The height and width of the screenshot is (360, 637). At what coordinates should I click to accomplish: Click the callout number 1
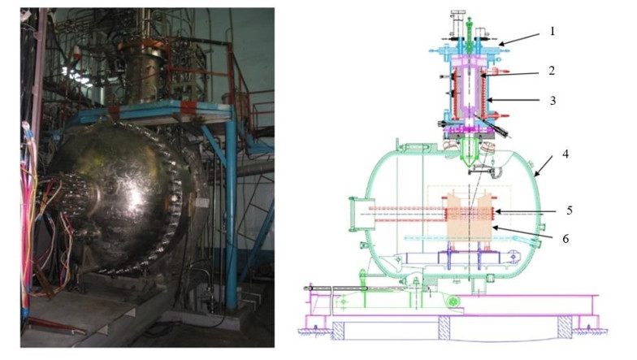pyautogui.click(x=552, y=31)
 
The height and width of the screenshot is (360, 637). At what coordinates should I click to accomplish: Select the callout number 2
pyautogui.click(x=551, y=71)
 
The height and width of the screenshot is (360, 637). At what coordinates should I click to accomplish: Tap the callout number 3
pyautogui.click(x=552, y=101)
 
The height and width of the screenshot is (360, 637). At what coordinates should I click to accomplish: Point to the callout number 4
pyautogui.click(x=565, y=154)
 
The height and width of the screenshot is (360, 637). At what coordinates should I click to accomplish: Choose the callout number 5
pyautogui.click(x=569, y=210)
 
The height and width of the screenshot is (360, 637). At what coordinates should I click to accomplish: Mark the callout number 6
pyautogui.click(x=565, y=239)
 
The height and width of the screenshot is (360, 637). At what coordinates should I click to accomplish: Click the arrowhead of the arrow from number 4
pyautogui.click(x=536, y=174)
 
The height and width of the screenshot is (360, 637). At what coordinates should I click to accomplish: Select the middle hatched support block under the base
pyautogui.click(x=444, y=327)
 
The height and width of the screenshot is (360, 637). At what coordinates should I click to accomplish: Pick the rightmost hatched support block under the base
pyautogui.click(x=564, y=327)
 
